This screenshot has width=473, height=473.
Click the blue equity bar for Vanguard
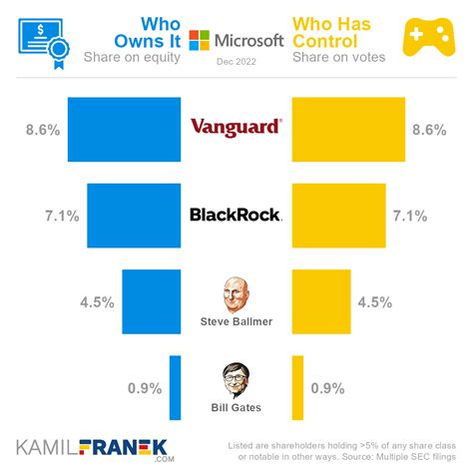124,129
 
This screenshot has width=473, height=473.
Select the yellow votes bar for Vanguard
347,129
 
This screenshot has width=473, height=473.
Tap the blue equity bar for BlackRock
134,215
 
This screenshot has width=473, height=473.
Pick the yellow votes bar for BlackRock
338,215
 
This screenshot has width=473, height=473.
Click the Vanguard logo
236,128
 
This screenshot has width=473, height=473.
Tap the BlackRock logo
236,215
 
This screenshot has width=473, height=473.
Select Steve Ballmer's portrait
236,293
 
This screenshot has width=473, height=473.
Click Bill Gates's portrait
236,379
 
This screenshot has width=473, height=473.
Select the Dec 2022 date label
236,62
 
